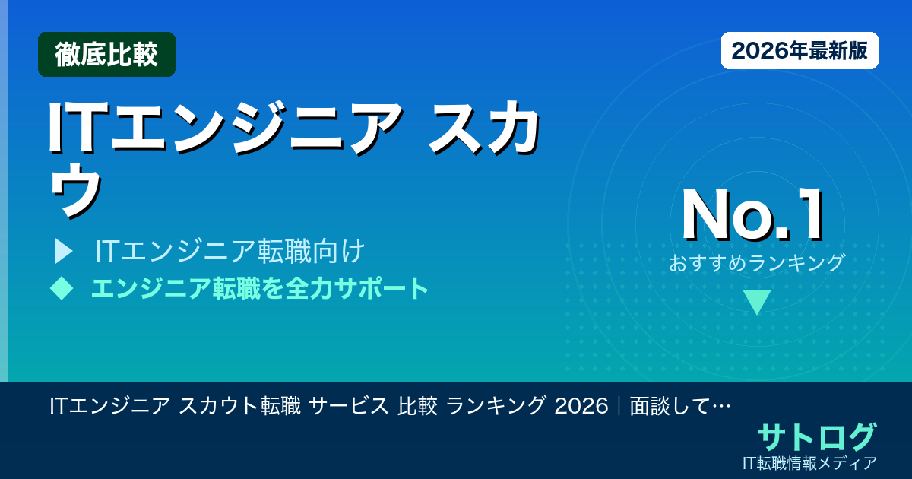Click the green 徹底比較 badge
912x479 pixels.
click(106, 54)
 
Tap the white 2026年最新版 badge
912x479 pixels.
click(800, 51)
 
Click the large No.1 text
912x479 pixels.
click(752, 216)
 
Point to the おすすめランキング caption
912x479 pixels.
click(756, 263)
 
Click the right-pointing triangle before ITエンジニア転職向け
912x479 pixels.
click(63, 250)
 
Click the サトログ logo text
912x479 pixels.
click(815, 437)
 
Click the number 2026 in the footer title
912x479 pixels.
click(582, 406)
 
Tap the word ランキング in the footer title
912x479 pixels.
click(496, 406)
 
